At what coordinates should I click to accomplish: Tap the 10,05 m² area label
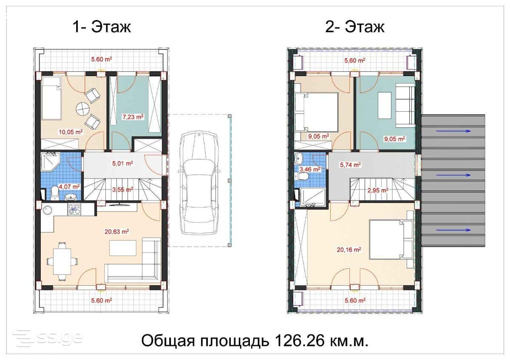(71, 132)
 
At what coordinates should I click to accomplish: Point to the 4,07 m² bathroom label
(69, 187)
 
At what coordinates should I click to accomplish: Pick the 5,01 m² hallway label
(122, 163)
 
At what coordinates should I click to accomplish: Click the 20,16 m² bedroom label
(349, 250)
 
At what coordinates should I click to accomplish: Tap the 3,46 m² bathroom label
(310, 169)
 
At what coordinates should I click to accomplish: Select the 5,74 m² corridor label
(350, 164)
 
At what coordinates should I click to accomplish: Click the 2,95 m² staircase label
(378, 190)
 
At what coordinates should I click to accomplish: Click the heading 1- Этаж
(102, 27)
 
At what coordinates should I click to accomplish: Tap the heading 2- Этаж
(355, 27)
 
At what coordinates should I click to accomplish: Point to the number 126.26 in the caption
(299, 341)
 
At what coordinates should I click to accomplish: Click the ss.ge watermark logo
(48, 339)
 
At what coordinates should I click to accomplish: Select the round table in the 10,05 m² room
(82, 109)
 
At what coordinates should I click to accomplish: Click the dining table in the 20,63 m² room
(62, 261)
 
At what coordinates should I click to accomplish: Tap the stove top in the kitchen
(74, 209)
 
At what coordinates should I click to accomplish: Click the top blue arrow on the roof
(453, 131)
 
